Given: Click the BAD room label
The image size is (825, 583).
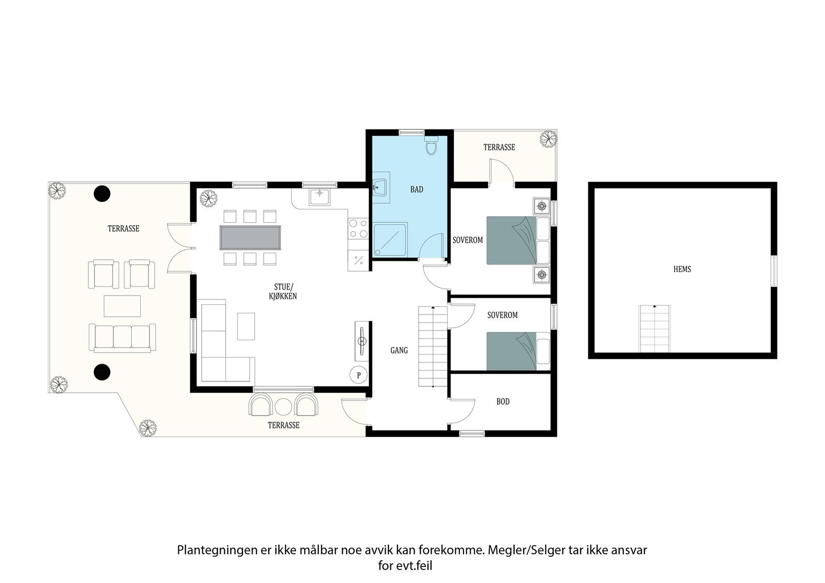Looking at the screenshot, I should tap(417, 190).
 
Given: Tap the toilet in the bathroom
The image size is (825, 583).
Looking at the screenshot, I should tap(432, 147).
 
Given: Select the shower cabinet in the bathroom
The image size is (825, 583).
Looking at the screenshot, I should tap(390, 239).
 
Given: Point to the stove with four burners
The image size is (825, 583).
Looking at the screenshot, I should tap(358, 229).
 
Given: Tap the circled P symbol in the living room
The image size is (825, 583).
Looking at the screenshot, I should tap(358, 375).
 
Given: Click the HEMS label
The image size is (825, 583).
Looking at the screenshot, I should tap(682, 269).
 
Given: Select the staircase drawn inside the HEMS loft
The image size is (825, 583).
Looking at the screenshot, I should tap(655, 328).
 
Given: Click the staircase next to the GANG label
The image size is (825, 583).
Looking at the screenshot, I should tap(432, 346).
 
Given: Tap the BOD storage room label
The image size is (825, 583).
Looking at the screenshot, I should tap(503, 402).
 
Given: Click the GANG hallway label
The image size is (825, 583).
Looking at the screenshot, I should tap(399, 351).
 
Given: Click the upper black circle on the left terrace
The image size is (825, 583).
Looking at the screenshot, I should tap(102, 193).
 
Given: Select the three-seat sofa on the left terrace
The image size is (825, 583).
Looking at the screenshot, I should tap(122, 337).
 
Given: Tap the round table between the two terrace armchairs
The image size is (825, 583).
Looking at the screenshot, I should tap(284, 407).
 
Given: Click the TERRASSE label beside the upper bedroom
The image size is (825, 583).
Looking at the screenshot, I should tap(499, 147).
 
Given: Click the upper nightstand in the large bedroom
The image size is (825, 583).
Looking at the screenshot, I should tap(541, 207).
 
